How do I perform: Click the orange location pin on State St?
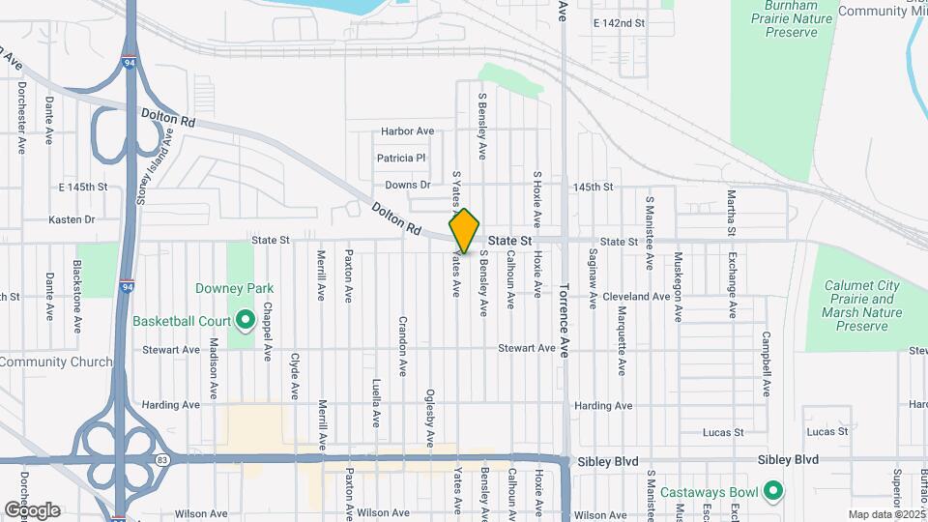pos(465,231)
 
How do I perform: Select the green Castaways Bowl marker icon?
pos(772,491)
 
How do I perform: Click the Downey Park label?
pos(234,288)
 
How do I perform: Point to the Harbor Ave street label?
pos(407,131)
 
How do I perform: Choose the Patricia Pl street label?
pos(401,158)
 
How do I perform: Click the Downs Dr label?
pos(407,185)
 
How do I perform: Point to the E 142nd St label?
pos(618,22)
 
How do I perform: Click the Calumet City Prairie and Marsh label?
pos(861,306)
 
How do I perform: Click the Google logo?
pos(33,510)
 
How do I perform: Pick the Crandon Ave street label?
pos(401,345)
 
